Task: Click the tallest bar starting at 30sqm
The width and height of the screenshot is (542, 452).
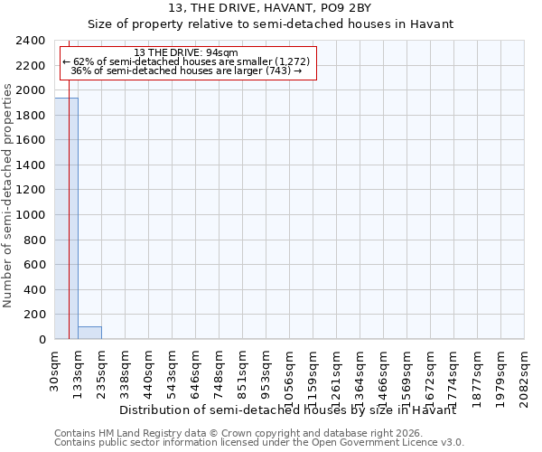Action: pos(66,218)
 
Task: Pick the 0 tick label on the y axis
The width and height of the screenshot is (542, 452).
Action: pos(42,339)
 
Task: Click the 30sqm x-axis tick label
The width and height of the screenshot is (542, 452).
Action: pos(55,365)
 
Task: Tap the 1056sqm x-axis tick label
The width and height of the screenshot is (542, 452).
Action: pos(290,371)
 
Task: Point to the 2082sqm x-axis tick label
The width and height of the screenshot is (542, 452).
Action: pos(525,371)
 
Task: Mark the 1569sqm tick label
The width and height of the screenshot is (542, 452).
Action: pos(407,371)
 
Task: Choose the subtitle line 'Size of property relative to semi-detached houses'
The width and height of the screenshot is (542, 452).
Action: pos(270,24)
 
